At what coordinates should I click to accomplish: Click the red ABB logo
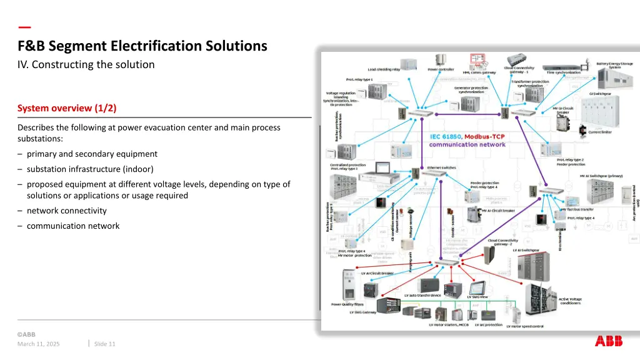[x=609, y=341]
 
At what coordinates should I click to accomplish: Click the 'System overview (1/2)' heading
[x=67, y=108]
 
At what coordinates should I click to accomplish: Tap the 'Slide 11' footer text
[x=104, y=344]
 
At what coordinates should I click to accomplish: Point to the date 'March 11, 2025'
[x=39, y=344]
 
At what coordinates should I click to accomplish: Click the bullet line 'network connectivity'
[x=66, y=211]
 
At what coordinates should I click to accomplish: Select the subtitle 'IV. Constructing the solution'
[x=86, y=64]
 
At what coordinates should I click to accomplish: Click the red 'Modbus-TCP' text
[x=484, y=136]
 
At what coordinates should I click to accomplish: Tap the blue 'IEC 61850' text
[x=446, y=136]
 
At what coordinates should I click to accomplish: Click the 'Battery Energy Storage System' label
[x=614, y=65]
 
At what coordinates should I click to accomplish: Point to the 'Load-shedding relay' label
[x=384, y=69]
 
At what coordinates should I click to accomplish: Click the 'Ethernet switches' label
[x=441, y=167]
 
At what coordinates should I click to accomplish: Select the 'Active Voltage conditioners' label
[x=569, y=301]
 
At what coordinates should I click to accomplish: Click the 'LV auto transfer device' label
[x=422, y=295]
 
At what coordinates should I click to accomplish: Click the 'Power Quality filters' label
[x=347, y=304]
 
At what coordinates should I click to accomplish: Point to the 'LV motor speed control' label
[x=524, y=326]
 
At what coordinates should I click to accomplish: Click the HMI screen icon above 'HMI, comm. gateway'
[x=479, y=61]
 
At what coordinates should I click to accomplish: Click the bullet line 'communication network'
[x=72, y=226]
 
